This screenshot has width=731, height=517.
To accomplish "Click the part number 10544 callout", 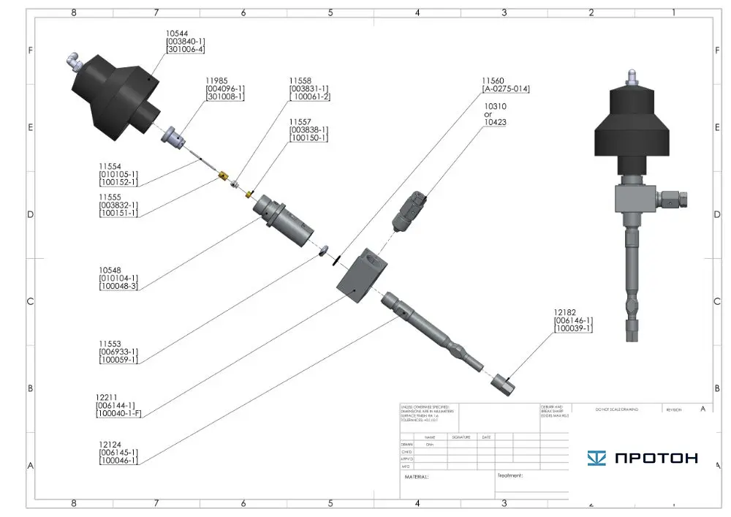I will coord(178,33).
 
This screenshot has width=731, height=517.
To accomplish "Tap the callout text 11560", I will coord(493,80).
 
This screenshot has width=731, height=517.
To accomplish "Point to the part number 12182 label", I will coord(566,312).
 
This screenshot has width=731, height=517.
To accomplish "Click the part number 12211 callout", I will coord(107,396).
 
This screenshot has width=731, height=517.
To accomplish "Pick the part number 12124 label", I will coord(110,443).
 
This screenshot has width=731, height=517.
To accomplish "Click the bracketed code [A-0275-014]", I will coord(505,88).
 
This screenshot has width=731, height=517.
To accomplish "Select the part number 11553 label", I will coord(110,343).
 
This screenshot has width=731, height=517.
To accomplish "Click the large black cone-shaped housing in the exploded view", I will coord(117,95).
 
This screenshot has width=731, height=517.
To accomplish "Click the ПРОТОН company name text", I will coord(656,458).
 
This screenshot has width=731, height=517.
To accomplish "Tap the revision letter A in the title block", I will coord(702,410).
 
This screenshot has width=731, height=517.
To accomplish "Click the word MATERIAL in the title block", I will coord(417,477).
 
